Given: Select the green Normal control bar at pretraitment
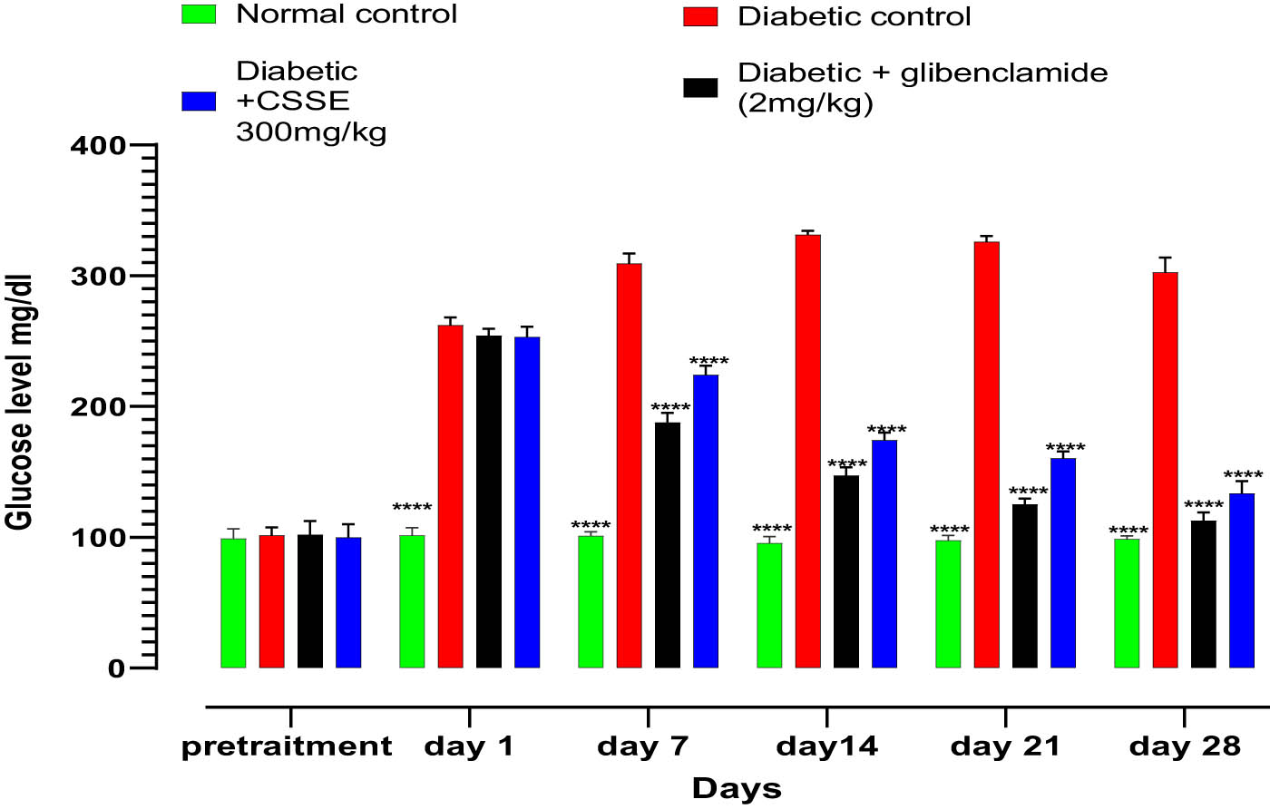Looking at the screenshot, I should [x=233, y=603].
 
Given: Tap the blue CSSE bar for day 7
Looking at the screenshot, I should [x=706, y=521].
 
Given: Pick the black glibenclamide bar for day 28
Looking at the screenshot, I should [x=1203, y=594].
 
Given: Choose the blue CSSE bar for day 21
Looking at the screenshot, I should [x=1063, y=563].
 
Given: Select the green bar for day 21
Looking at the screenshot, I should [x=948, y=604].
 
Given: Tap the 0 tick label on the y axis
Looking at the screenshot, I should [x=116, y=668].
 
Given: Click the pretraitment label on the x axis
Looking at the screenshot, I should [x=287, y=747].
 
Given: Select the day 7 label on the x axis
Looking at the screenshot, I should [x=643, y=747].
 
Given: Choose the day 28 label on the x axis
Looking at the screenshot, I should [x=1185, y=747].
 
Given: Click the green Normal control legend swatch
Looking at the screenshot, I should [x=199, y=15].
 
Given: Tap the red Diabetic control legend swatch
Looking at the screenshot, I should [x=699, y=16].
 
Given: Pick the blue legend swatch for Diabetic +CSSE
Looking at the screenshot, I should [x=199, y=101].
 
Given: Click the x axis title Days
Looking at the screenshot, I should [x=737, y=788].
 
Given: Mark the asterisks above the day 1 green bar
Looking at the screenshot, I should [x=412, y=508].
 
